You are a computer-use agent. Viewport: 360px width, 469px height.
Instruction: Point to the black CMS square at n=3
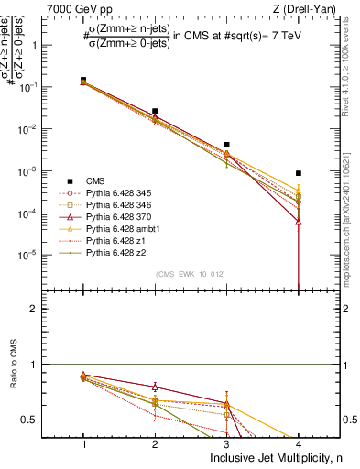point(226,145)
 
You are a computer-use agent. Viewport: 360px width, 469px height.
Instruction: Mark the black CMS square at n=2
point(155,111)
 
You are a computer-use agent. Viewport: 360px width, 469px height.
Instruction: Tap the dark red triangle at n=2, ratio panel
point(155,387)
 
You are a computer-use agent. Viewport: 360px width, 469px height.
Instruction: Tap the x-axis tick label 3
point(226,443)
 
